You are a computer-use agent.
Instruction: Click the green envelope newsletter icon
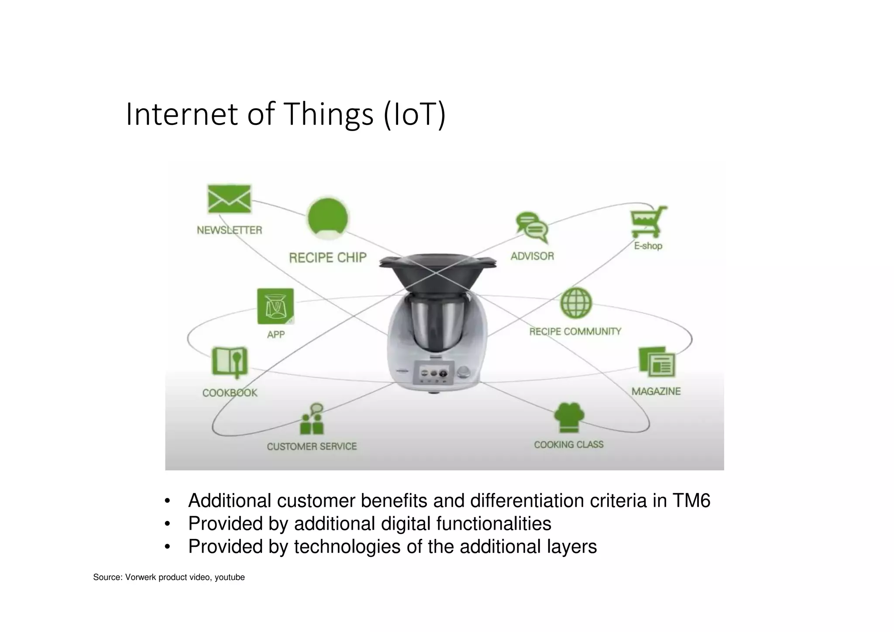point(229,199)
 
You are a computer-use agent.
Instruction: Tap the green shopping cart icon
point(648,221)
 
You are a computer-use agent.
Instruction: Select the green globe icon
point(575,303)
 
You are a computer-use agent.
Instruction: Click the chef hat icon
point(569,417)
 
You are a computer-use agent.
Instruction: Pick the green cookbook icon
point(230,362)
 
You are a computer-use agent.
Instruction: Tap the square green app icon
point(275,306)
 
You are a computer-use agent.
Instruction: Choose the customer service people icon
point(312,420)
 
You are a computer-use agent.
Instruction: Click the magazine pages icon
point(657,362)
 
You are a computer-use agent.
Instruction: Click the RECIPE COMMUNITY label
point(575,332)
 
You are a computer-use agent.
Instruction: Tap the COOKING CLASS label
point(568,445)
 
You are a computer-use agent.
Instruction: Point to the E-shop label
point(648,246)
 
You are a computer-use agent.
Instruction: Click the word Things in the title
point(329,114)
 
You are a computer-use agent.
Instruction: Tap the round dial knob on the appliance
point(464,372)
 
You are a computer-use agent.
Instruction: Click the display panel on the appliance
point(434,373)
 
